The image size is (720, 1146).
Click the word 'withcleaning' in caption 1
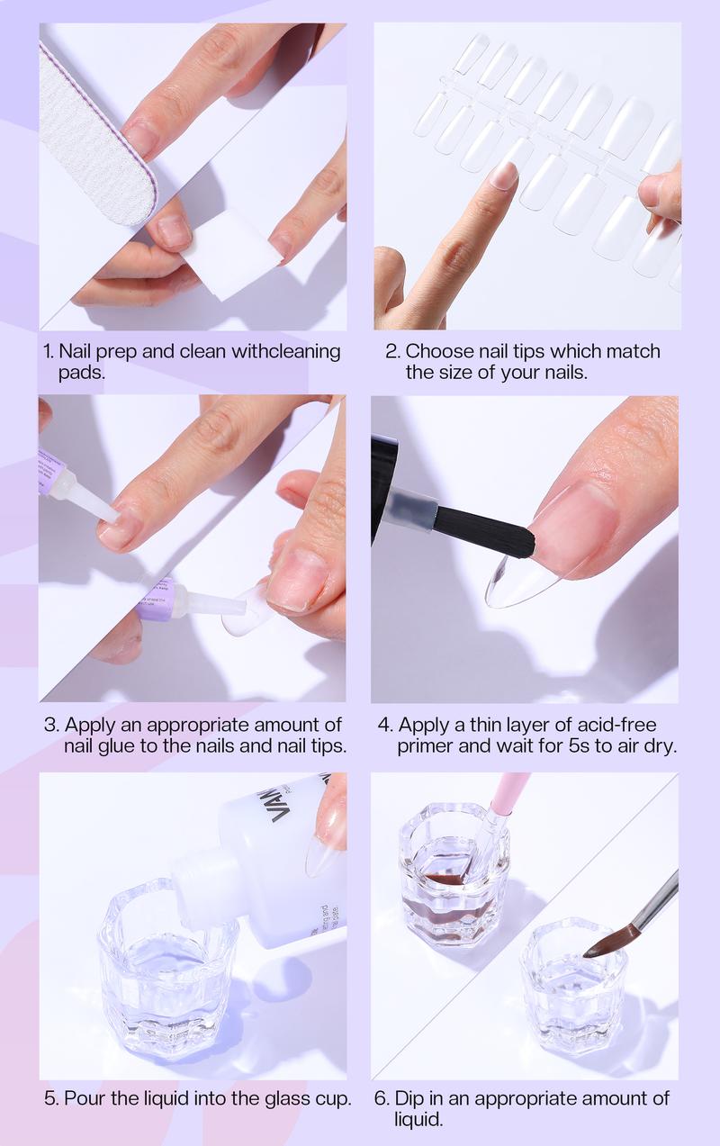click(286, 351)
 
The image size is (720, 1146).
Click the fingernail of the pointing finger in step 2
click(504, 175)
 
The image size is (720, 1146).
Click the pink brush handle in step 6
click(509, 791)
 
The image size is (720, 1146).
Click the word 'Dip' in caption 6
click(410, 1099)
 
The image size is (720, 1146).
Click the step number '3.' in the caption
click(51, 725)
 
